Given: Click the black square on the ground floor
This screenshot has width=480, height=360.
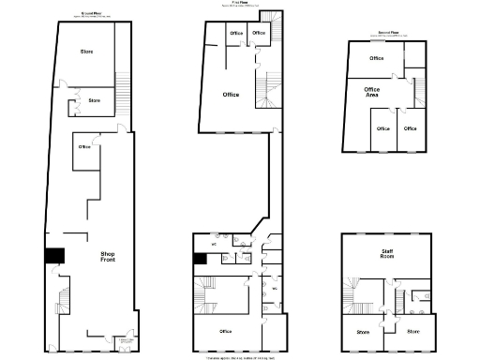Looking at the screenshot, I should point(53,255).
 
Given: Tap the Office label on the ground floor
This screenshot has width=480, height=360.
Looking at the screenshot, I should point(84,147).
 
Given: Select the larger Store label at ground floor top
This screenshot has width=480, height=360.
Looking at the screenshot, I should point(86,52).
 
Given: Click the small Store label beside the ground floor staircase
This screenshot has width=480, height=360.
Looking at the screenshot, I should point(94,99).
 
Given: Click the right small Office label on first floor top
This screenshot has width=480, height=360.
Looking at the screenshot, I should point(259,34).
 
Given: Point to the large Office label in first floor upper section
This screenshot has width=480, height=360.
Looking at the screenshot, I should point(231,95).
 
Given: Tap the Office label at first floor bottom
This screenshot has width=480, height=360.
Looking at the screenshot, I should point(226,331).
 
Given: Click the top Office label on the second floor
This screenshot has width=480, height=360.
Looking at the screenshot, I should point(377,58).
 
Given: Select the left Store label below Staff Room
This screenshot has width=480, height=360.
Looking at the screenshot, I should point(363,331).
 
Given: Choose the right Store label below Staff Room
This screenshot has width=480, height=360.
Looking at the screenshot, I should point(413,331).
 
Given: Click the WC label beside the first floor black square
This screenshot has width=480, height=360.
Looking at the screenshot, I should point(215,246).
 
